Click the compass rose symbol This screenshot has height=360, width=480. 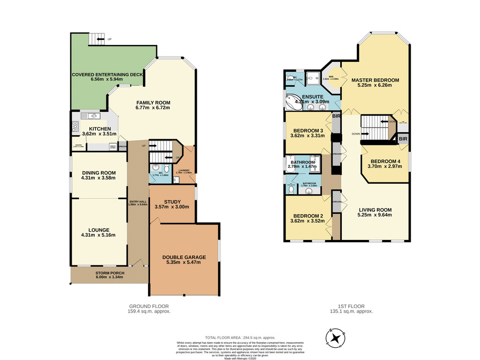tap(336, 337)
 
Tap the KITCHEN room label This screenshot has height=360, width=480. tap(97, 129)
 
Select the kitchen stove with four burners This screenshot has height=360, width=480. tap(75, 126)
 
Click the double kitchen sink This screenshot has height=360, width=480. tap(90, 116)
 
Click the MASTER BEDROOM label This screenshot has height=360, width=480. tap(375, 80)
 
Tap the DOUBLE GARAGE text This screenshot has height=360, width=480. tap(184, 257)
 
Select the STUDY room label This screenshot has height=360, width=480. tap(172, 201)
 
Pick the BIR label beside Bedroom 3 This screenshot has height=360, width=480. tap(336, 116)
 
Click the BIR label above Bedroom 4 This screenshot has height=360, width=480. tap(403, 140)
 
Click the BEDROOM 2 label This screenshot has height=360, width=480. tap(307, 216)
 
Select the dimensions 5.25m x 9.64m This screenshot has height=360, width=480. tap(375, 215)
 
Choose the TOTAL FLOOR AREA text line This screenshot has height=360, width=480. tap(240, 337)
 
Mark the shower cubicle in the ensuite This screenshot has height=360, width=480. tap(312, 77)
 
